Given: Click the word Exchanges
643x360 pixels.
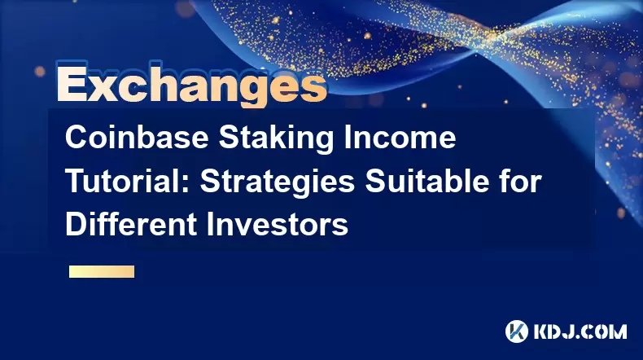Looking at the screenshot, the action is click(x=192, y=85).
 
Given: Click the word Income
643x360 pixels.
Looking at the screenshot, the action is click(x=400, y=138).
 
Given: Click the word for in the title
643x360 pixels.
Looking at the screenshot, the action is click(x=521, y=181).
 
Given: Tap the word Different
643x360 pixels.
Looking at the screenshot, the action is click(x=131, y=224).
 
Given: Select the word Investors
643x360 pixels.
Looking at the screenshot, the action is click(x=278, y=224).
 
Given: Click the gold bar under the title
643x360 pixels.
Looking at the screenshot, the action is click(x=102, y=271).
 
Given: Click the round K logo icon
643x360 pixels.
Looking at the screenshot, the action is click(x=517, y=331).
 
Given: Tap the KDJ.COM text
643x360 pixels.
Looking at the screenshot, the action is click(x=580, y=331).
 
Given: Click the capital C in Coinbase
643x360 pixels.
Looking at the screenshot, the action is click(x=76, y=138).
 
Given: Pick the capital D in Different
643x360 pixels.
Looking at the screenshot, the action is click(x=76, y=224).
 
